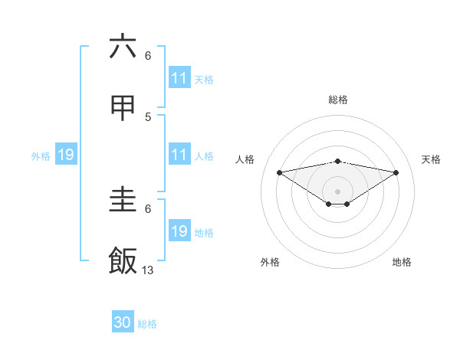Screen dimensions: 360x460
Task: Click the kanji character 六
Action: [x=123, y=47]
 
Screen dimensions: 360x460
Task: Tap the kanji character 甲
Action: [x=123, y=109]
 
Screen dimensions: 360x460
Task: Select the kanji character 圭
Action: [x=123, y=200]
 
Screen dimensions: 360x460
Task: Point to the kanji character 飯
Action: [x=123, y=261]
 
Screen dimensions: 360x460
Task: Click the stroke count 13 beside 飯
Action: [x=148, y=270]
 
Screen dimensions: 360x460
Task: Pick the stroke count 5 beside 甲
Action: [x=148, y=116]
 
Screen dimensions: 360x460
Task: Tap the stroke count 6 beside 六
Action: [x=148, y=55]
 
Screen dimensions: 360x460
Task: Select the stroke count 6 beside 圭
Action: [x=148, y=208]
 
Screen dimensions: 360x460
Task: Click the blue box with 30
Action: [x=123, y=322]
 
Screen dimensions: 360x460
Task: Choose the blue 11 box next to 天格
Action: [x=179, y=78]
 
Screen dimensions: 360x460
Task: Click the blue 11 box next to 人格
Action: [x=179, y=155]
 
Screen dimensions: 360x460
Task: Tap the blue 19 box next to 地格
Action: [x=179, y=231]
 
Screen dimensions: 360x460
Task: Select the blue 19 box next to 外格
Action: [x=66, y=155]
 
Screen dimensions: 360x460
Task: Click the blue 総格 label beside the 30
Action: [x=147, y=324]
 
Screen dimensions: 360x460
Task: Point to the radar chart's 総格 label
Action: [x=337, y=100]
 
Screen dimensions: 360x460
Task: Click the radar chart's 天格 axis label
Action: [x=431, y=159]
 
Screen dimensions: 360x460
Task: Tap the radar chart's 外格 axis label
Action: [x=270, y=262]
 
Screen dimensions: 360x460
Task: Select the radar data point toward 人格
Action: [x=279, y=172]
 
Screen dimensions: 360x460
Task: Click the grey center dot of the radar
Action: [x=337, y=191]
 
